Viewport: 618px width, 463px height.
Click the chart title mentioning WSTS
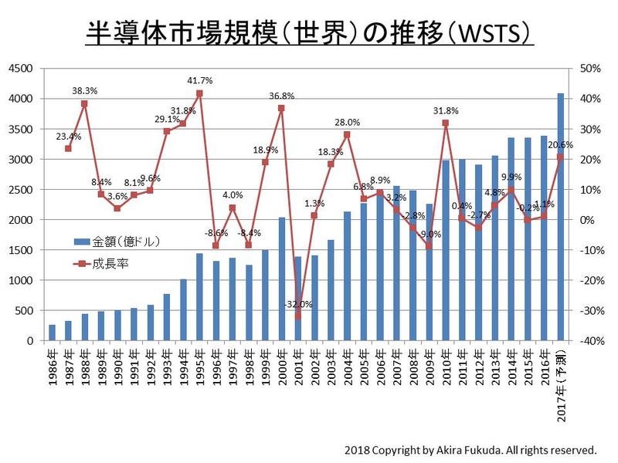click(309, 34)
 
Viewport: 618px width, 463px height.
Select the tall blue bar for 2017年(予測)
click(561, 216)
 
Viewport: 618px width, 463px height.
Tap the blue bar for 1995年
click(199, 297)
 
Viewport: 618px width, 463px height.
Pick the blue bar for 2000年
click(281, 279)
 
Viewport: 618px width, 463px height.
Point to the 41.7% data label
click(199, 80)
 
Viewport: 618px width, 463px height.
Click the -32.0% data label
click(297, 304)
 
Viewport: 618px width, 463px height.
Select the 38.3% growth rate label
click(84, 90)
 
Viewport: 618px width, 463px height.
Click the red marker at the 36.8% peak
click(281, 108)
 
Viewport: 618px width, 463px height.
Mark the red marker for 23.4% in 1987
click(68, 148)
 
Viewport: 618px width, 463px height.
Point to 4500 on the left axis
click(19, 69)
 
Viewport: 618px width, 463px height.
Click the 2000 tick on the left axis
click(19, 220)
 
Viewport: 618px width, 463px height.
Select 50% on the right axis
click(589, 69)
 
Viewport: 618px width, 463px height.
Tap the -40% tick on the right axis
click(588, 340)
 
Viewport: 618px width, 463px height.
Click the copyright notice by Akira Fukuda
click(471, 449)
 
